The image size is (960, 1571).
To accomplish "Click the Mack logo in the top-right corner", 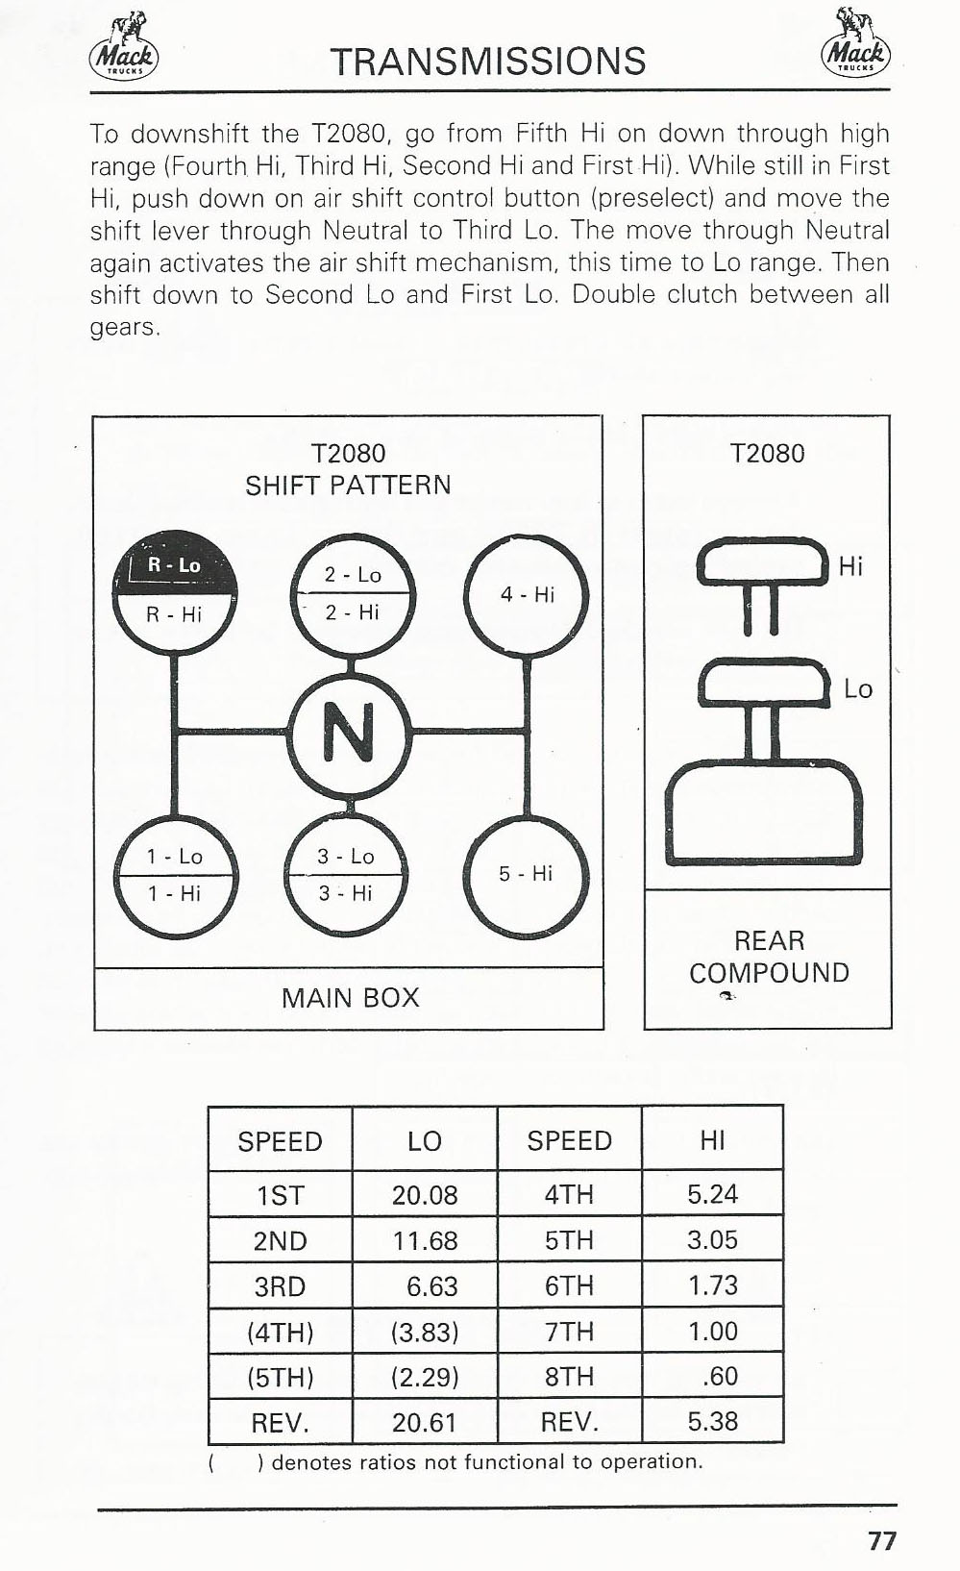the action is tap(855, 43).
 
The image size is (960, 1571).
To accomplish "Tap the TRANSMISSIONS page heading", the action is tap(488, 62).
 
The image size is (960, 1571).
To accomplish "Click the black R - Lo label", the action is tap(175, 565).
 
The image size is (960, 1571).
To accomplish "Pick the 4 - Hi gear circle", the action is tap(527, 595).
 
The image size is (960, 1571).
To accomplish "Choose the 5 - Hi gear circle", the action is tap(527, 874).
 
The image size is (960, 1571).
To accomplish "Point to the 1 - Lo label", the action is tap(174, 856).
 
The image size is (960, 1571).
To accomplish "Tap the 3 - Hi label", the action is tap(345, 893).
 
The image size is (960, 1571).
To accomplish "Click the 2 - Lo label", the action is tap(353, 575).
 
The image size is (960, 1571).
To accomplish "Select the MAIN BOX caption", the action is tap(350, 998).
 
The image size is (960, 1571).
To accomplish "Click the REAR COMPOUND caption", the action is tap(769, 957).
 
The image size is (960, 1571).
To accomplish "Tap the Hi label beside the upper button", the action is tap(850, 566).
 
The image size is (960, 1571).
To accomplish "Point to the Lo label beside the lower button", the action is tap(858, 689).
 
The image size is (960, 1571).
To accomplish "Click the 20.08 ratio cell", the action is tap(424, 1194).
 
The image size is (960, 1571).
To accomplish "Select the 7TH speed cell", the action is tap(569, 1332).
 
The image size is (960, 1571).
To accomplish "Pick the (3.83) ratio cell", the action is tap(424, 1332).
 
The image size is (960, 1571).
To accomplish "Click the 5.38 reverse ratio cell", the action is tap(712, 1422).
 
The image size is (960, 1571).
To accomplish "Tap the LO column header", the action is tap(424, 1141).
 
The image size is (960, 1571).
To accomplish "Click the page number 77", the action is tap(882, 1541).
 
